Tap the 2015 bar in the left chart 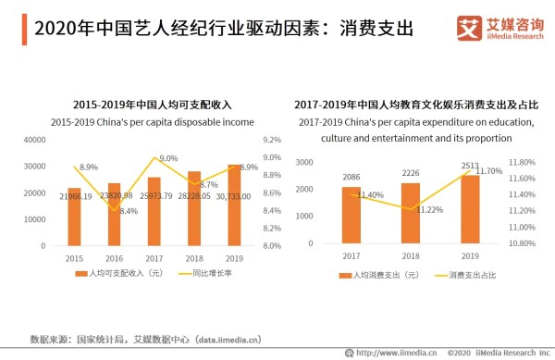74,217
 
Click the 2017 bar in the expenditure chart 351,215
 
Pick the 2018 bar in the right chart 411,212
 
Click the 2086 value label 351,177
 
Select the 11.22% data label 430,210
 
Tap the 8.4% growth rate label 129,211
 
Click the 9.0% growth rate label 168,158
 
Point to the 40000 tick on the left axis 34,140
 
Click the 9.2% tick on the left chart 246,140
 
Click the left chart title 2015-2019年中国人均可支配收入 140,106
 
